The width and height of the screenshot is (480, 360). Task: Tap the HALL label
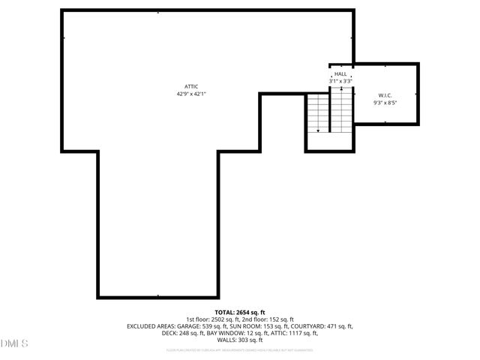(x=340, y=74)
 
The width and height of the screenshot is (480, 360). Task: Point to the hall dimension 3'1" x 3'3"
(x=340, y=81)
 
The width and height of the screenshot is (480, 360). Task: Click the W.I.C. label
(x=386, y=95)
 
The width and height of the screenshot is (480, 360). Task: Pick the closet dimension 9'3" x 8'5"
(x=386, y=103)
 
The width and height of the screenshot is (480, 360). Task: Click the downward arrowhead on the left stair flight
(x=318, y=130)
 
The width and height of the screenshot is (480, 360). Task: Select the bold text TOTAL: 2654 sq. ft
(x=240, y=312)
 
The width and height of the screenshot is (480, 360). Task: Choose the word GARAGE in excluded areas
(x=190, y=326)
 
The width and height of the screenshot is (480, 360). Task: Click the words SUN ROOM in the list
(x=251, y=326)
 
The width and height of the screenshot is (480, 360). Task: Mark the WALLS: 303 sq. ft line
(x=240, y=340)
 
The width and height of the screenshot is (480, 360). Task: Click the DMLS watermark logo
(x=14, y=343)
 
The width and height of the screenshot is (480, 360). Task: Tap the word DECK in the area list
(x=169, y=333)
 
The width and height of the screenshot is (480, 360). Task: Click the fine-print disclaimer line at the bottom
(x=240, y=350)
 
